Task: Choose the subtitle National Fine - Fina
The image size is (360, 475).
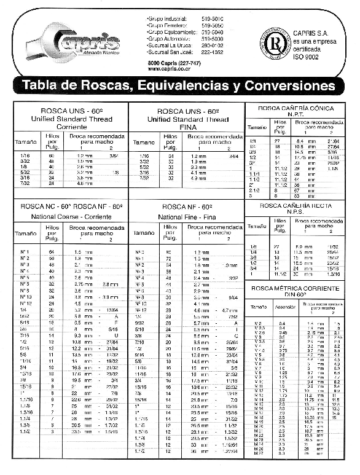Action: [x=187, y=217]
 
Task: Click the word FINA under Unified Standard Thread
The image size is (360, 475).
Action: [x=187, y=127]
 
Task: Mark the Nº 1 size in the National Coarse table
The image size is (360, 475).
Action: [x=25, y=252]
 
